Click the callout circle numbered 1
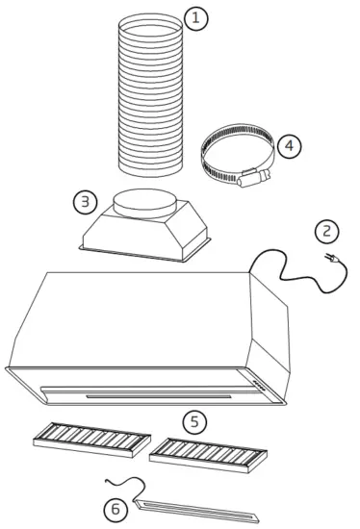click(195, 19)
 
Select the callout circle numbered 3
click(87, 201)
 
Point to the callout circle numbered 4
click(289, 145)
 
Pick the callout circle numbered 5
click(195, 420)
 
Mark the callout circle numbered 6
click(116, 509)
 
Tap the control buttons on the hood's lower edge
click(263, 381)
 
